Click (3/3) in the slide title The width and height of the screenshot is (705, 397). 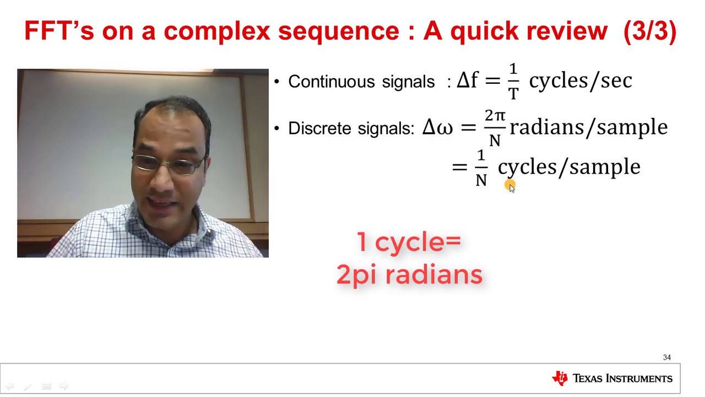point(650,31)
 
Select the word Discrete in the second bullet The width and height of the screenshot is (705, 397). point(320,128)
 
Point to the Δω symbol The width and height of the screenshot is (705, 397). point(437,127)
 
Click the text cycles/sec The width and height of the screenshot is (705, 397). point(580,81)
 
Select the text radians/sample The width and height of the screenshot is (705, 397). point(588,127)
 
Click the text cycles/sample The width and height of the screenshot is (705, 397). point(569,167)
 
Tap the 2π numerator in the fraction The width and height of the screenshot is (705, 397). point(495,116)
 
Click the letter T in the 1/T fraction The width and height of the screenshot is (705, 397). point(513,93)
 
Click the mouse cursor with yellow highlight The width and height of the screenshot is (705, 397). point(509,186)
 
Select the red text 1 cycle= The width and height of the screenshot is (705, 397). point(409,242)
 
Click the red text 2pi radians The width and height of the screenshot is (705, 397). point(409,274)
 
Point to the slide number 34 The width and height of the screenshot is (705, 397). point(667,357)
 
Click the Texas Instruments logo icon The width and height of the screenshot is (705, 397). point(560,378)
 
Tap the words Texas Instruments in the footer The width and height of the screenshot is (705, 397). point(622,379)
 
